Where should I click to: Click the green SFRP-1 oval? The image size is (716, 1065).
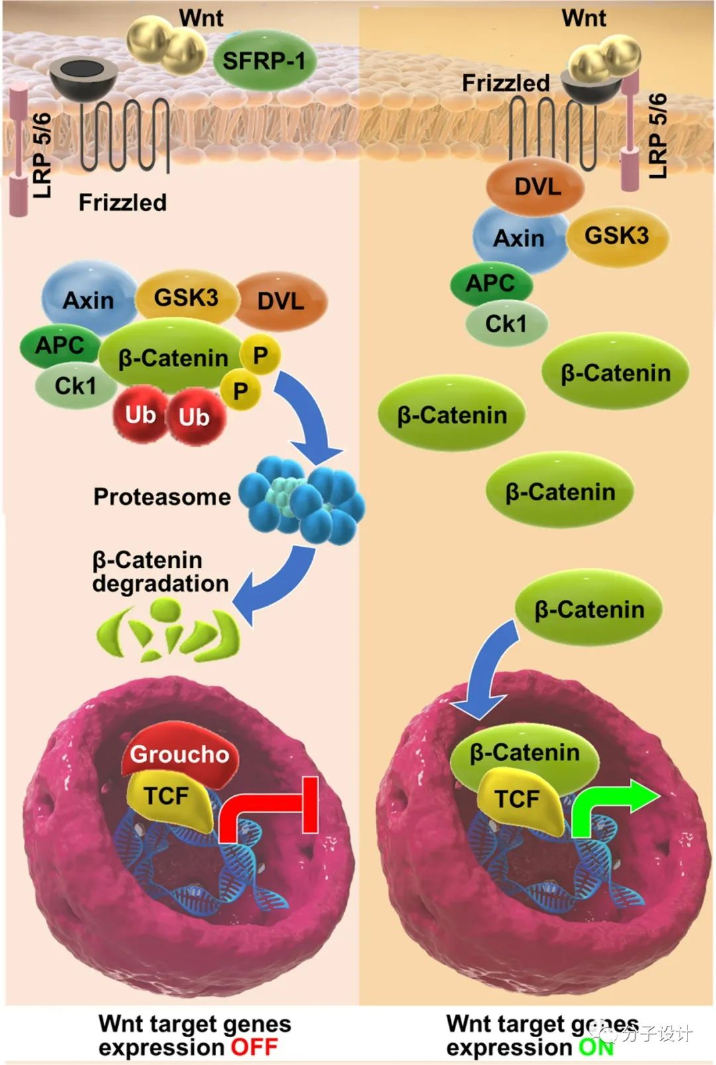[x=264, y=61]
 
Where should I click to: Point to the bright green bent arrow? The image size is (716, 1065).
[x=610, y=805]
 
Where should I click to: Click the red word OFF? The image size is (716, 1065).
[x=254, y=1048]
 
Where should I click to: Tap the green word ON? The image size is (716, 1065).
[x=595, y=1048]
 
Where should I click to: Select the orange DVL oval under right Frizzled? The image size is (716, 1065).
[x=536, y=187]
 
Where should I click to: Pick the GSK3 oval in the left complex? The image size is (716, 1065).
[x=186, y=298]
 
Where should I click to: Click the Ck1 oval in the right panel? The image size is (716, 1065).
[x=507, y=324]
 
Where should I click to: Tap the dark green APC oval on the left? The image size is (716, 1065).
[x=59, y=345]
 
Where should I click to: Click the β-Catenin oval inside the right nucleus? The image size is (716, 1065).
[x=524, y=753]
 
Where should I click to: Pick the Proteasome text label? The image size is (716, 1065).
[x=162, y=497]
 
